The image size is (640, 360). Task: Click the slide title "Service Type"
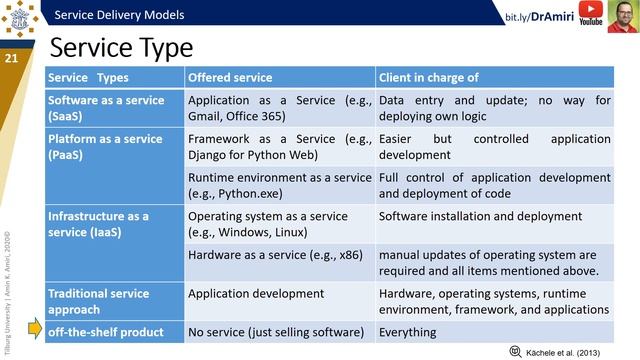pyautogui.click(x=121, y=48)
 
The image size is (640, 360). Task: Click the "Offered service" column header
pyautogui.click(x=230, y=77)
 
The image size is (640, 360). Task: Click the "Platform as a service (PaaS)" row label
pyautogui.click(x=106, y=146)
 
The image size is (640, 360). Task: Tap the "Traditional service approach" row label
pyautogui.click(x=99, y=301)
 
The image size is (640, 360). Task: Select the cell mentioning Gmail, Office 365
pyautogui.click(x=279, y=107)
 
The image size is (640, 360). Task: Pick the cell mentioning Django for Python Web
pyautogui.click(x=279, y=146)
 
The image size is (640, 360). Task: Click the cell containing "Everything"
pyautogui.click(x=408, y=331)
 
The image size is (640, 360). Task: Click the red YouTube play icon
pyautogui.click(x=589, y=12)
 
